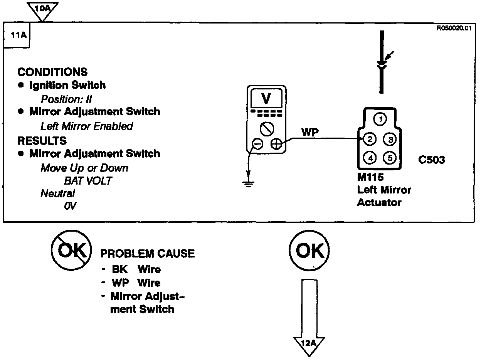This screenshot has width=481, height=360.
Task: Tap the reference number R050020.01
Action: click(x=454, y=28)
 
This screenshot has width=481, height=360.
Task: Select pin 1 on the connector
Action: click(x=380, y=119)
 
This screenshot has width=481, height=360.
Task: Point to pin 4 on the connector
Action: click(x=370, y=157)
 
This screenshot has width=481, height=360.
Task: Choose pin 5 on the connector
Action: click(x=390, y=157)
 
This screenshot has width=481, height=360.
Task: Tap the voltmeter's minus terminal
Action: click(x=256, y=145)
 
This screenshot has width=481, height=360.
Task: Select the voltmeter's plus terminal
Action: click(x=276, y=145)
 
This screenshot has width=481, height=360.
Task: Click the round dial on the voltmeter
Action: click(x=266, y=128)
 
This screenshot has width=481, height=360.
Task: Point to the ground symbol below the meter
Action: click(x=249, y=183)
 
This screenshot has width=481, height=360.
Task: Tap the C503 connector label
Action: click(x=431, y=160)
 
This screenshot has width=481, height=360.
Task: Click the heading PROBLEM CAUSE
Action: click(x=147, y=254)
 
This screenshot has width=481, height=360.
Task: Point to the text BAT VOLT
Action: click(x=87, y=181)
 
